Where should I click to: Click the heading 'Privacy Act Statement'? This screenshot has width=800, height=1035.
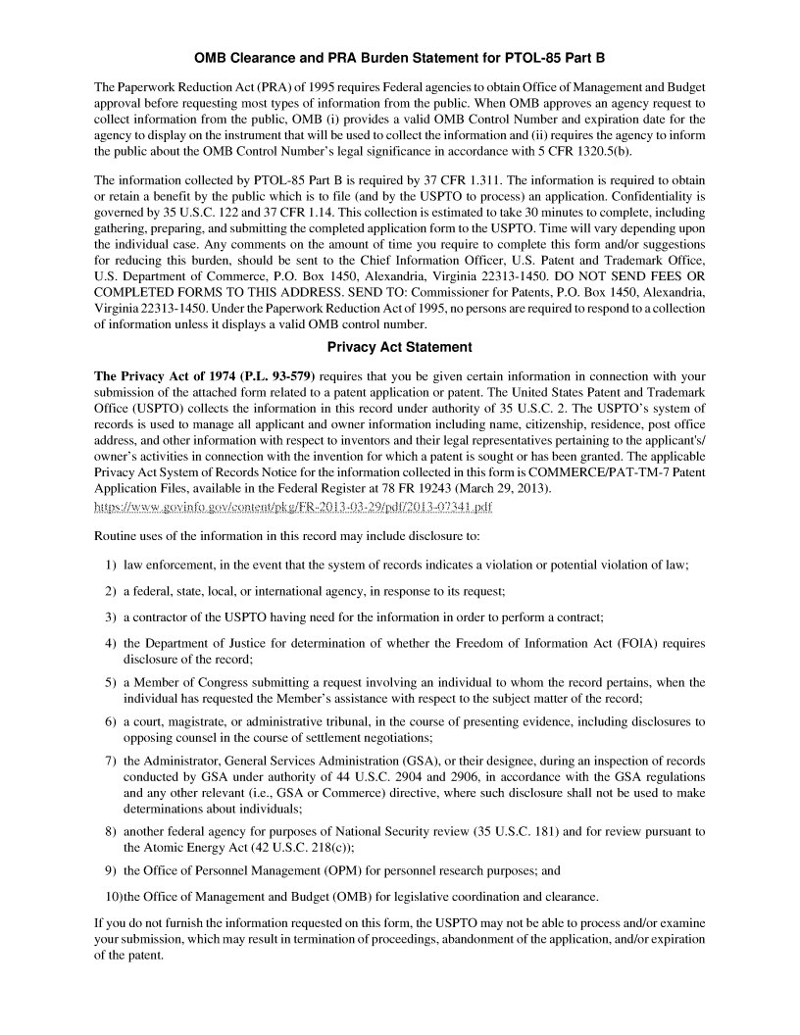399,347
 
